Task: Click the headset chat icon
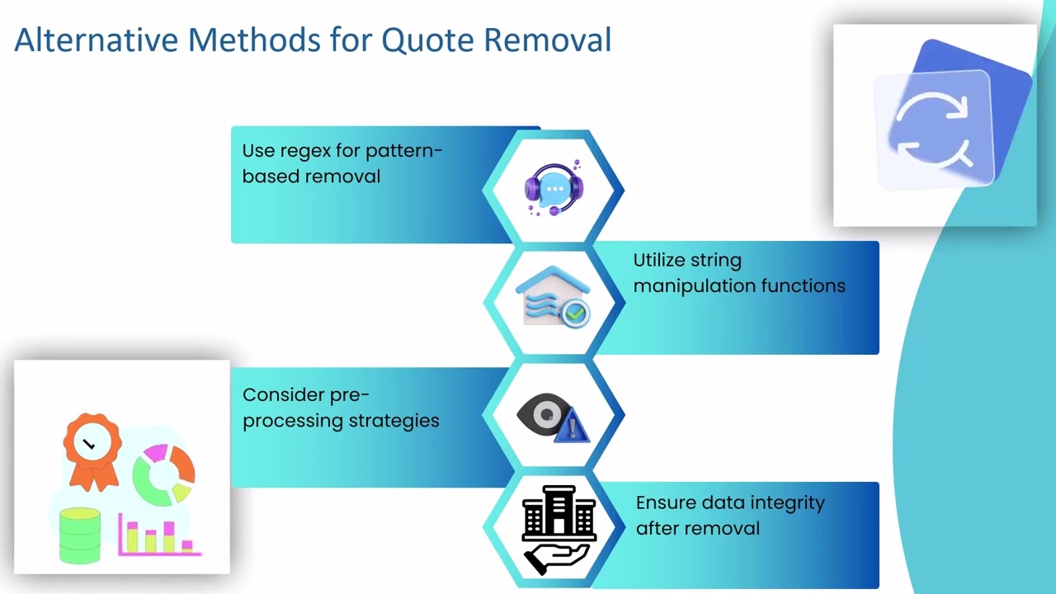(x=554, y=189)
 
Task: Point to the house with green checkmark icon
(x=553, y=297)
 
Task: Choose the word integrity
(x=788, y=503)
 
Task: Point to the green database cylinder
(x=80, y=535)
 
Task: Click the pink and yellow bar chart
(x=160, y=535)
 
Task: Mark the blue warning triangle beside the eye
(x=572, y=427)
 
